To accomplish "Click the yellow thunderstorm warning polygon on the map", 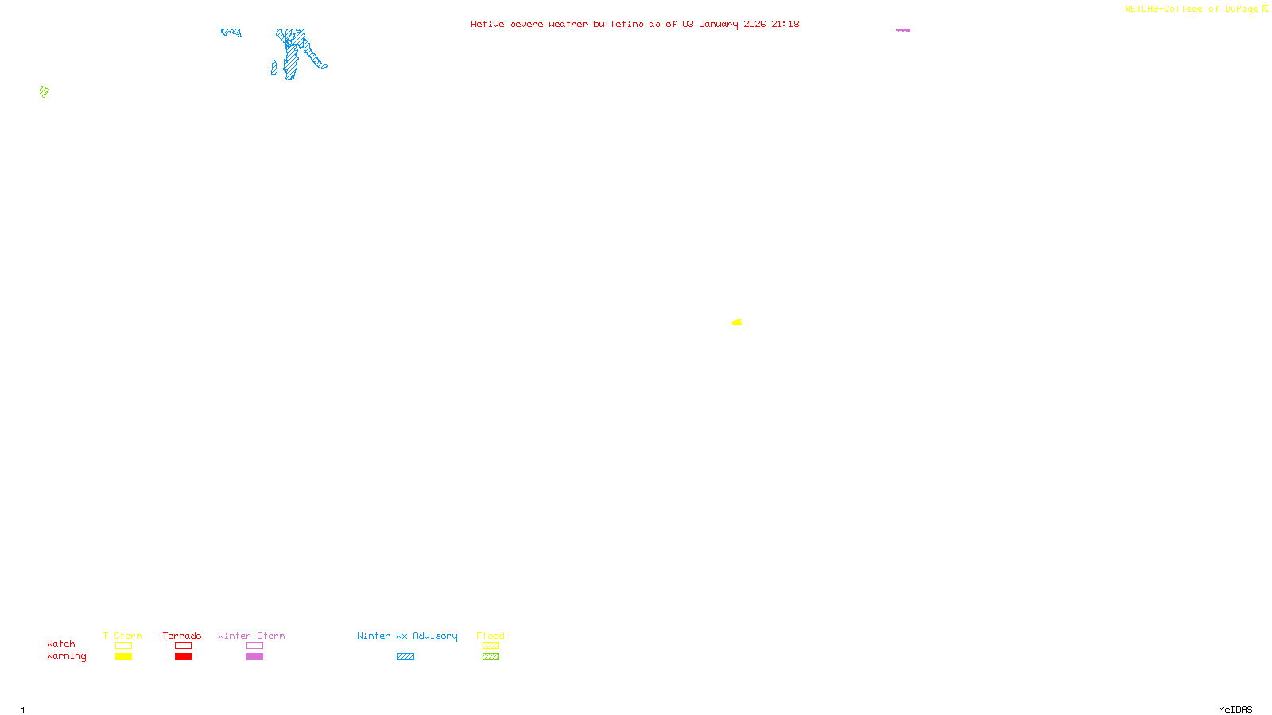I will click(x=737, y=322).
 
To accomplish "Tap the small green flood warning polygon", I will click(x=45, y=91).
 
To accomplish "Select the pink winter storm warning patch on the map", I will click(x=903, y=30).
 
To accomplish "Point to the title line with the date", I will click(x=634, y=24).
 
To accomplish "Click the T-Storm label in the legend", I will click(x=122, y=636).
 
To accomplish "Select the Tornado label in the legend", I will click(x=182, y=636).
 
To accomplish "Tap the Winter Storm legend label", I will click(x=251, y=636).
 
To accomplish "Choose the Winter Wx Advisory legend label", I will click(x=407, y=636).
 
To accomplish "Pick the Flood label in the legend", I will click(x=491, y=636).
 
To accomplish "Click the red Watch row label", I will click(x=61, y=643).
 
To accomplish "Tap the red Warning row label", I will click(x=66, y=656).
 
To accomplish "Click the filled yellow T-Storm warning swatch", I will click(x=123, y=657).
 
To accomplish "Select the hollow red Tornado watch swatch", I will click(x=183, y=646).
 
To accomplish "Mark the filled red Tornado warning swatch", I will click(x=183, y=657).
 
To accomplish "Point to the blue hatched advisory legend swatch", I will click(x=405, y=657).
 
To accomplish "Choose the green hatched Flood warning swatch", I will click(x=491, y=657).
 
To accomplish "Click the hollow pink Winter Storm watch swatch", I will click(x=254, y=646).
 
